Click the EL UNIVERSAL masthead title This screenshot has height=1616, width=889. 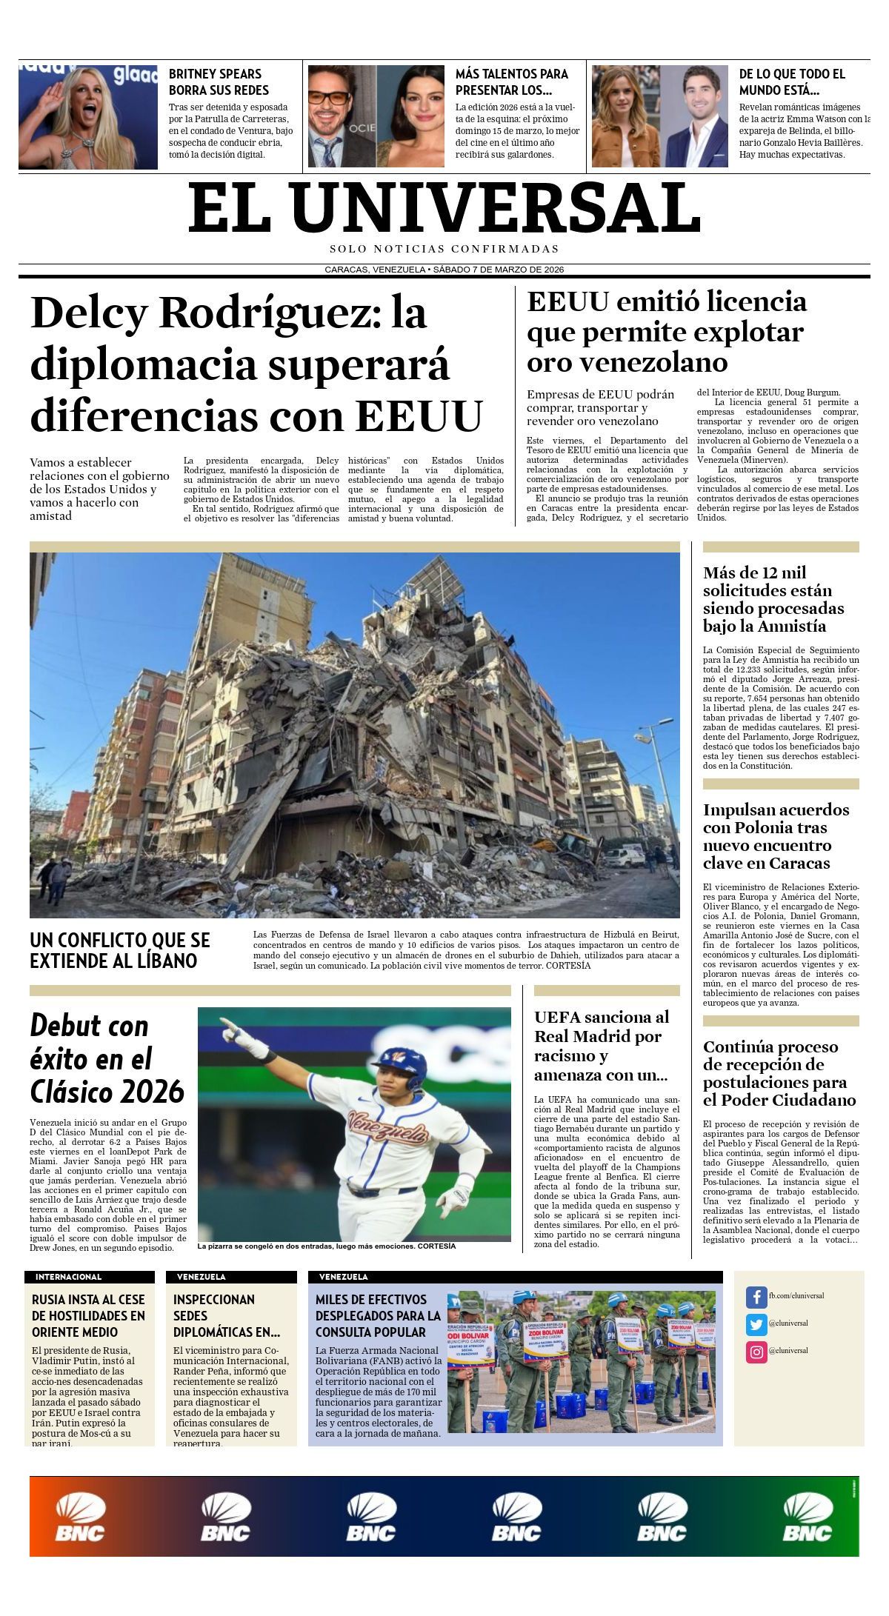pyautogui.click(x=444, y=208)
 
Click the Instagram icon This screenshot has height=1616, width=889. pyautogui.click(x=756, y=1352)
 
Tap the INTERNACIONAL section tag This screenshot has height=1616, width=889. pyautogui.click(x=69, y=1277)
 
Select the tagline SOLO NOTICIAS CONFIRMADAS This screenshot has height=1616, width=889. pyautogui.click(x=444, y=249)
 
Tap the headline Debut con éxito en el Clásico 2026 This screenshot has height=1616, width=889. pyautogui.click(x=107, y=1058)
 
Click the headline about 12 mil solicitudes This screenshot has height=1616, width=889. pyautogui.click(x=773, y=599)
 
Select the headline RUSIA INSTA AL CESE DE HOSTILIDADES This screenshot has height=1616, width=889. pyautogui.click(x=89, y=1315)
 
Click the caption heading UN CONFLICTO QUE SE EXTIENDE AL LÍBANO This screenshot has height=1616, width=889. pyautogui.click(x=120, y=950)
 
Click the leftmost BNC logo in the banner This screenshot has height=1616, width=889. pyautogui.click(x=80, y=1517)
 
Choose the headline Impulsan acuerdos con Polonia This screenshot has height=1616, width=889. pyautogui.click(x=776, y=835)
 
